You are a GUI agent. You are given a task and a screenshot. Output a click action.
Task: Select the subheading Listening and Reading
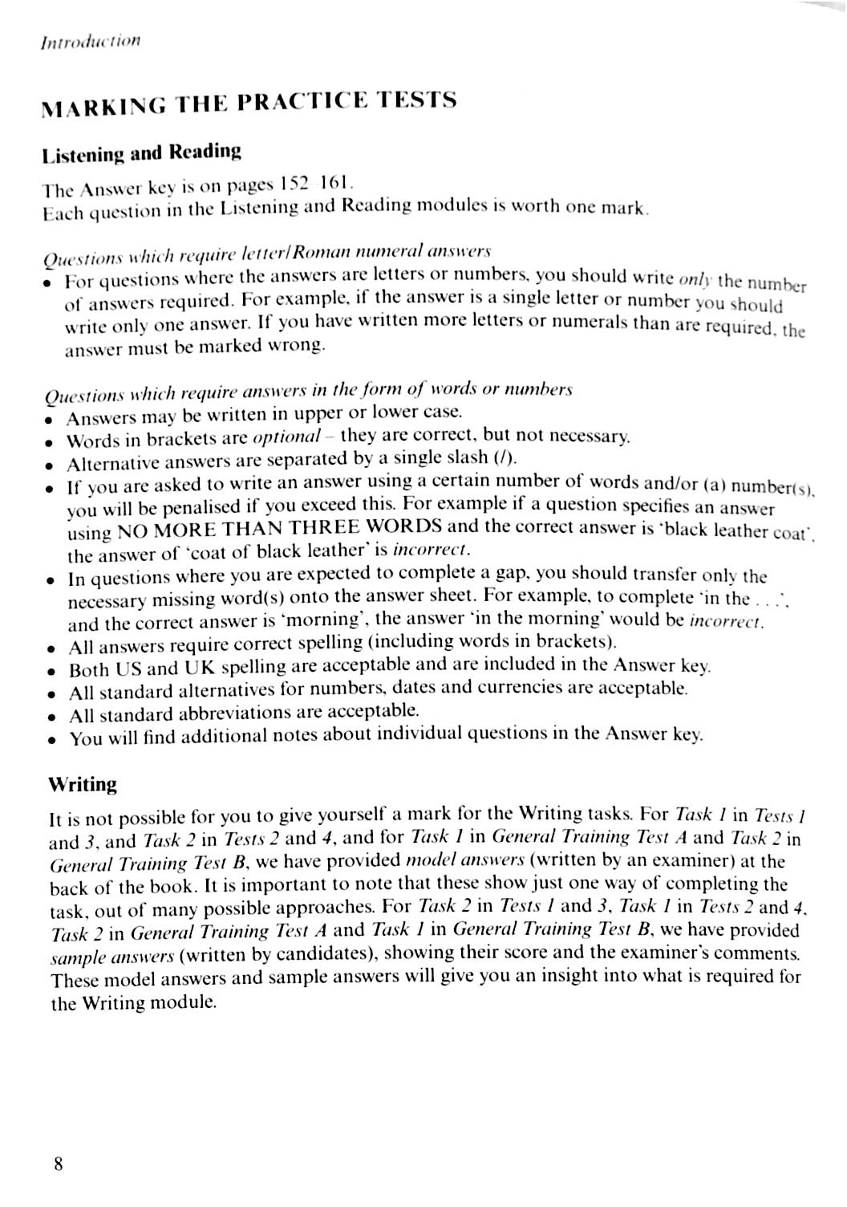141,152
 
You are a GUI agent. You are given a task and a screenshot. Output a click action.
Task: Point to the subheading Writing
83,784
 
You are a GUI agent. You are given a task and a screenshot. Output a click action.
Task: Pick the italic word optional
286,437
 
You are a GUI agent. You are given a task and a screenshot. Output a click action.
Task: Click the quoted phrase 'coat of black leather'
275,552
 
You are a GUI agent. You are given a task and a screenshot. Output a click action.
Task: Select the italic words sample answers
112,957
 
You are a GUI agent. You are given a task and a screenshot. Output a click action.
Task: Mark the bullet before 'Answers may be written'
50,420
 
